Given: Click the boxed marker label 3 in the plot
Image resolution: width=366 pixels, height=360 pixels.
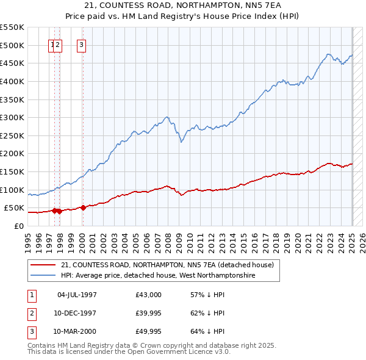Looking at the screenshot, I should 81,44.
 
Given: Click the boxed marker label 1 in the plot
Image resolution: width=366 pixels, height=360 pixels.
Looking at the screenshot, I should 52,44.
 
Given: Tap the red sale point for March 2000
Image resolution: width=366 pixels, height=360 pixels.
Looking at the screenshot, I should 82,207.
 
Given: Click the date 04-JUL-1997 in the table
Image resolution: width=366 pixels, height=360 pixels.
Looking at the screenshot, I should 77,295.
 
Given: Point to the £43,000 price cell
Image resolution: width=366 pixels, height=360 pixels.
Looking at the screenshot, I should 149,295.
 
